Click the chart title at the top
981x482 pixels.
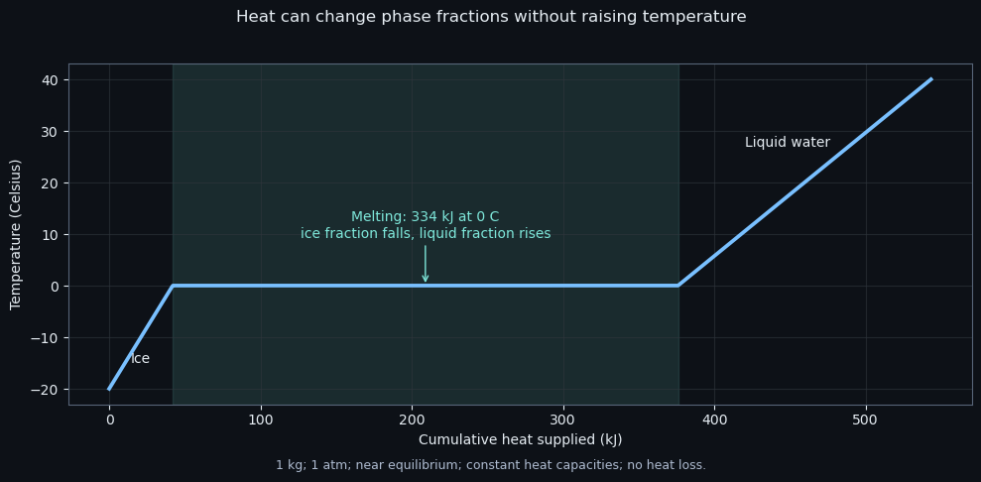tap(491, 17)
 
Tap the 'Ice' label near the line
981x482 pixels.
tap(140, 359)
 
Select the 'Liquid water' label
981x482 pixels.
tap(787, 143)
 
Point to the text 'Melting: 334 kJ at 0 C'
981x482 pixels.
tap(426, 217)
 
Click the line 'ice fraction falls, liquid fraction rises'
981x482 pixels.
tap(426, 234)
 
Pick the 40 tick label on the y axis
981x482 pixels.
tap(51, 80)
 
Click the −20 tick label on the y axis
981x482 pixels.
tap(47, 390)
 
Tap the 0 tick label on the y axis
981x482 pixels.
tap(55, 287)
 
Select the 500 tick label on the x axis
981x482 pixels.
tap(866, 418)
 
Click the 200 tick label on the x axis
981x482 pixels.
tap(412, 418)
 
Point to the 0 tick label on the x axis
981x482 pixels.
tap(109, 418)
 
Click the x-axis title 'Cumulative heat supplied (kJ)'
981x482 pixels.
tap(521, 439)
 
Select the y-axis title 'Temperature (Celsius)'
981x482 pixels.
tap(16, 234)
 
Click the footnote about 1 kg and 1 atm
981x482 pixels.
tap(490, 465)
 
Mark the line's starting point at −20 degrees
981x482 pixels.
tap(109, 390)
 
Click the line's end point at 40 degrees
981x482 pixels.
tap(931, 79)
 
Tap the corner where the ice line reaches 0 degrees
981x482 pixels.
tap(173, 286)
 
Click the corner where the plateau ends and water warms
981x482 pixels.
tap(677, 286)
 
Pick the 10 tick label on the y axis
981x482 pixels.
tap(51, 235)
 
